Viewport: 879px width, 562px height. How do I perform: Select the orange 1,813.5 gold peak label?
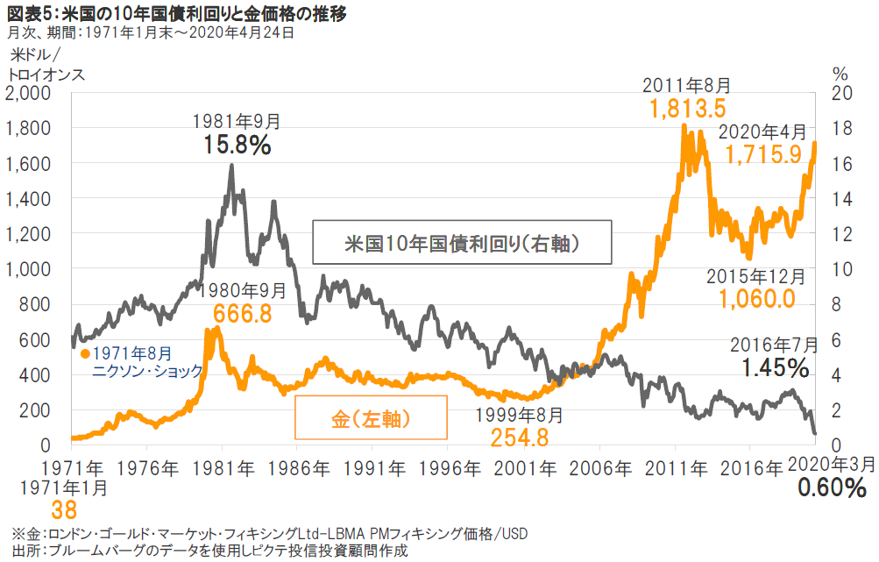(688, 109)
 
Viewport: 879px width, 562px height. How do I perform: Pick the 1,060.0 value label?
(756, 299)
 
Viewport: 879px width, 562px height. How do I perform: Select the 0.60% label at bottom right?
(833, 487)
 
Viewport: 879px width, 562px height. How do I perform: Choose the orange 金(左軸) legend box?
(372, 417)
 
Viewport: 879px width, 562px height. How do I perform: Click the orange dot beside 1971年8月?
(85, 353)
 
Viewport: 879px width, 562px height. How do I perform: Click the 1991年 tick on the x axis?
(372, 464)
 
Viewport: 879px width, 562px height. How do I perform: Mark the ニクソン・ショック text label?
(148, 371)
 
